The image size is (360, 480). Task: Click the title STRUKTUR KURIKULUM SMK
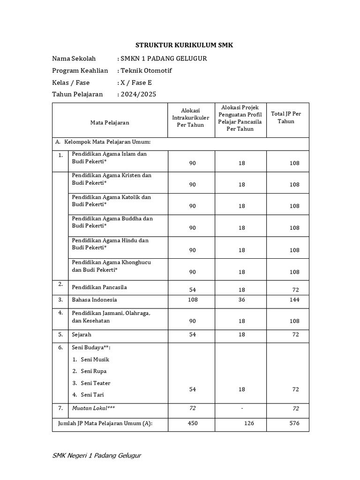(184, 45)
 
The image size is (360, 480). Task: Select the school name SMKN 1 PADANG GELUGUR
(164, 59)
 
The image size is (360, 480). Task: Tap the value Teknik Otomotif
(147, 71)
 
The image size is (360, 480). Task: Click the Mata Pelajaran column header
(110, 123)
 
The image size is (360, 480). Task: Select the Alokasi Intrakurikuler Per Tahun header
(191, 118)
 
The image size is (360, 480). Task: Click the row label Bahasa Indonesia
(94, 300)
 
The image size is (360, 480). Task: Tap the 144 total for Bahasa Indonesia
(294, 300)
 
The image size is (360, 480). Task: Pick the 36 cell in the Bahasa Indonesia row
(241, 300)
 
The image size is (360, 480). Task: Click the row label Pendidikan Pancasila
(99, 287)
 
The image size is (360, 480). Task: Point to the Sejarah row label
(82, 335)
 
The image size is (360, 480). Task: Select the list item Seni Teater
(95, 383)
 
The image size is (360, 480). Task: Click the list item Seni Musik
(95, 360)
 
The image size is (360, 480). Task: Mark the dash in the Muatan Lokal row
(242, 408)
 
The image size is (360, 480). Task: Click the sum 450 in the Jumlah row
(192, 423)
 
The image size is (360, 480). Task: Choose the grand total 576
(294, 423)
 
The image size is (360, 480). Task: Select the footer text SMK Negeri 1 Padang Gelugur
(97, 456)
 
